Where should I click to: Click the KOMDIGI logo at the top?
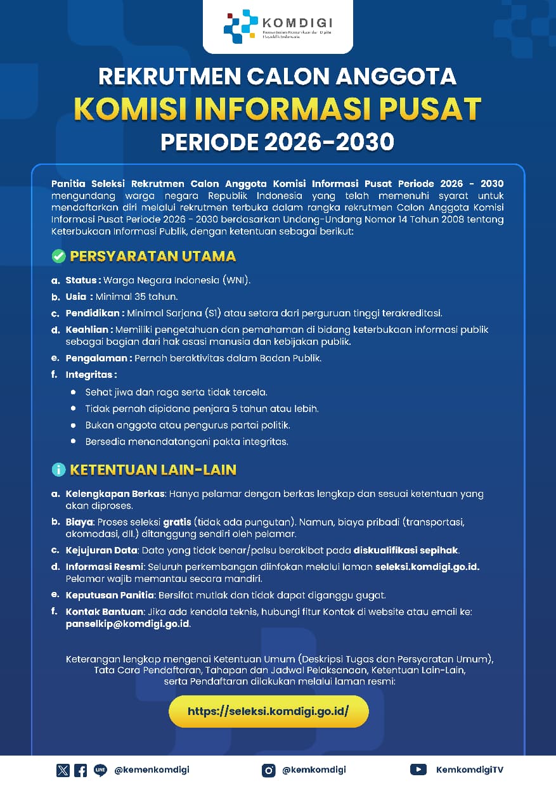click(x=278, y=26)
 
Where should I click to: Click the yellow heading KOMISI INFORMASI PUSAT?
click(x=278, y=109)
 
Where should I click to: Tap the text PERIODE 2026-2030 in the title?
click(x=278, y=142)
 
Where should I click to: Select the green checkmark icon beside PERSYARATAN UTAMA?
click(x=59, y=257)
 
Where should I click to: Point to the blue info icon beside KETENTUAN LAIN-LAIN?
click(x=59, y=470)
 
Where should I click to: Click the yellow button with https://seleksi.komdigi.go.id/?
click(x=268, y=712)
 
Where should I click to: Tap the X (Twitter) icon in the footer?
click(x=63, y=770)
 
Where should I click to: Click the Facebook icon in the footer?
click(x=81, y=770)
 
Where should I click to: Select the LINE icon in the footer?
click(x=100, y=770)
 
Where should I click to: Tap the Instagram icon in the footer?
click(x=269, y=770)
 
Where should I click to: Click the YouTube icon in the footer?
click(x=418, y=770)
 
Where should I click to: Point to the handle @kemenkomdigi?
click(x=152, y=770)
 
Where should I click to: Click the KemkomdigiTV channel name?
click(x=470, y=770)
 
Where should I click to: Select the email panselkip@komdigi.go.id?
click(x=127, y=624)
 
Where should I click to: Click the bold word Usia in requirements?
click(x=77, y=297)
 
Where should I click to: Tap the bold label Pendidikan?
click(x=94, y=313)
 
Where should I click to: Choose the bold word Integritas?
click(x=91, y=375)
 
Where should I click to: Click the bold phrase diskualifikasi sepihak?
click(x=406, y=550)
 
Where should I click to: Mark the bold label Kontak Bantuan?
click(x=105, y=612)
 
